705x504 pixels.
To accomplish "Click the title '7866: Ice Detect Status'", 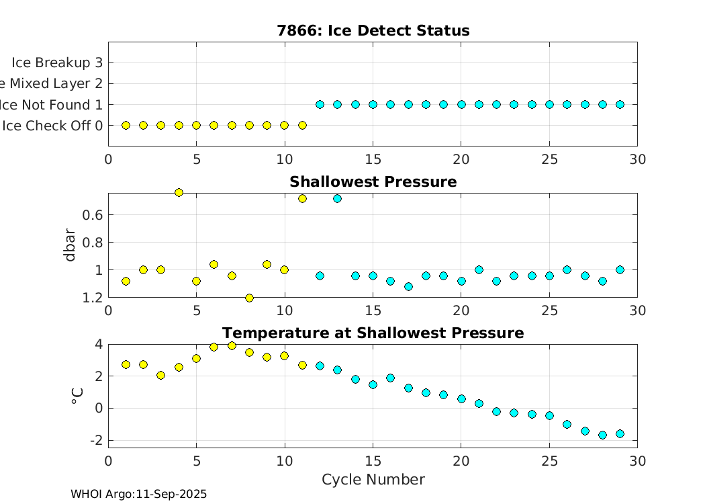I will [x=373, y=31].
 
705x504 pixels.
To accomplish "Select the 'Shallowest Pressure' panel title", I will [x=373, y=182].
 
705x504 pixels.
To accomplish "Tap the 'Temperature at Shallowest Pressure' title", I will [x=373, y=333].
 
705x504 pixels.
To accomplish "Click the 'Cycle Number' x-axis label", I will [x=373, y=479].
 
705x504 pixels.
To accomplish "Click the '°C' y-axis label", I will [x=77, y=396].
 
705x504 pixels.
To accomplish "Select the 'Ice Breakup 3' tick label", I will [x=56, y=62].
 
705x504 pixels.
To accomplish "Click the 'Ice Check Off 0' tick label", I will [x=52, y=126].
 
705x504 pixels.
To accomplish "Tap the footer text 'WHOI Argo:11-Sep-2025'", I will [x=138, y=494].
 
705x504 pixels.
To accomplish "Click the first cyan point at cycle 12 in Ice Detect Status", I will [x=320, y=104].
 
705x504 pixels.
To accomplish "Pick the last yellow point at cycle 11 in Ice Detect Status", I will [x=302, y=125].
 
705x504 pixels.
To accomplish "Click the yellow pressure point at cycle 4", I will [x=179, y=193].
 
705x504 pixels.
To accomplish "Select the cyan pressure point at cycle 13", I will [x=337, y=198].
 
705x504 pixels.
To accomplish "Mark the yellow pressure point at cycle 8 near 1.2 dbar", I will [x=249, y=298].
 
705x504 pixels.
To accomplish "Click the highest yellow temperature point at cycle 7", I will [x=232, y=345].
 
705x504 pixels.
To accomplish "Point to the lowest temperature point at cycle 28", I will [x=602, y=435].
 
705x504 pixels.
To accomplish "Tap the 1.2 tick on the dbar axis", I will [x=93, y=297].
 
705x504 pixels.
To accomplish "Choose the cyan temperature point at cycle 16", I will [x=390, y=378].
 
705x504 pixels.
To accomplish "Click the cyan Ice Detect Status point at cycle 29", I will [x=620, y=104].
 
